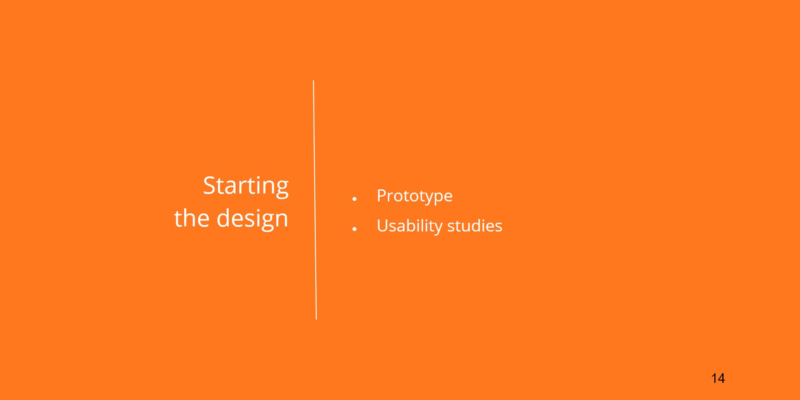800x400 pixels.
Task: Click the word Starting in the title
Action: coord(246,187)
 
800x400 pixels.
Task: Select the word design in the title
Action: coord(252,219)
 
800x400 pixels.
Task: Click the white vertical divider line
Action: coord(315,200)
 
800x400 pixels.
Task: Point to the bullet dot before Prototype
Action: coord(354,199)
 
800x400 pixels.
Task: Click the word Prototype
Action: coord(414,196)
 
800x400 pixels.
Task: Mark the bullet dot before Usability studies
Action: coord(354,229)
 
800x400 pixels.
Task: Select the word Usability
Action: coord(409,226)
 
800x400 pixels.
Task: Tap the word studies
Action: coord(475,226)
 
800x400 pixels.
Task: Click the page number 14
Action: coord(718,378)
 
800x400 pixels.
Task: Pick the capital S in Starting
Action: coord(210,186)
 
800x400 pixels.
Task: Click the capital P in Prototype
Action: coord(382,196)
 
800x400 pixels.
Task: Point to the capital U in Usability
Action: coord(382,226)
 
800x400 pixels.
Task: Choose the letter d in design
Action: coord(224,218)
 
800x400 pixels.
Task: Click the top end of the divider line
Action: coord(313,81)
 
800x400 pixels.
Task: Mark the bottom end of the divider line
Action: coord(316,319)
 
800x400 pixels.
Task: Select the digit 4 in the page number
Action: coord(721,378)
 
